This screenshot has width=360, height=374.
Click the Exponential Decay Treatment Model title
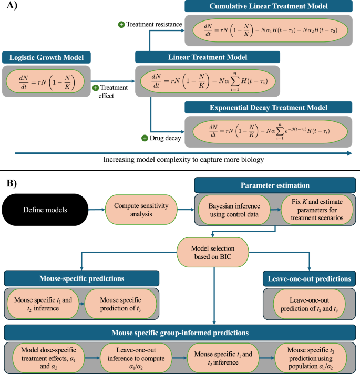[269, 108]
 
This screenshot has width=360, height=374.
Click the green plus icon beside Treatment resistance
[121, 25]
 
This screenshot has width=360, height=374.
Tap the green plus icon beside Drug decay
[143, 138]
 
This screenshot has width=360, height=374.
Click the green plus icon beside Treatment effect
[96, 88]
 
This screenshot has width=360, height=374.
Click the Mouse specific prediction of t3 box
[120, 303]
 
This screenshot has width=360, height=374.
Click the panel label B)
[11, 183]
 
